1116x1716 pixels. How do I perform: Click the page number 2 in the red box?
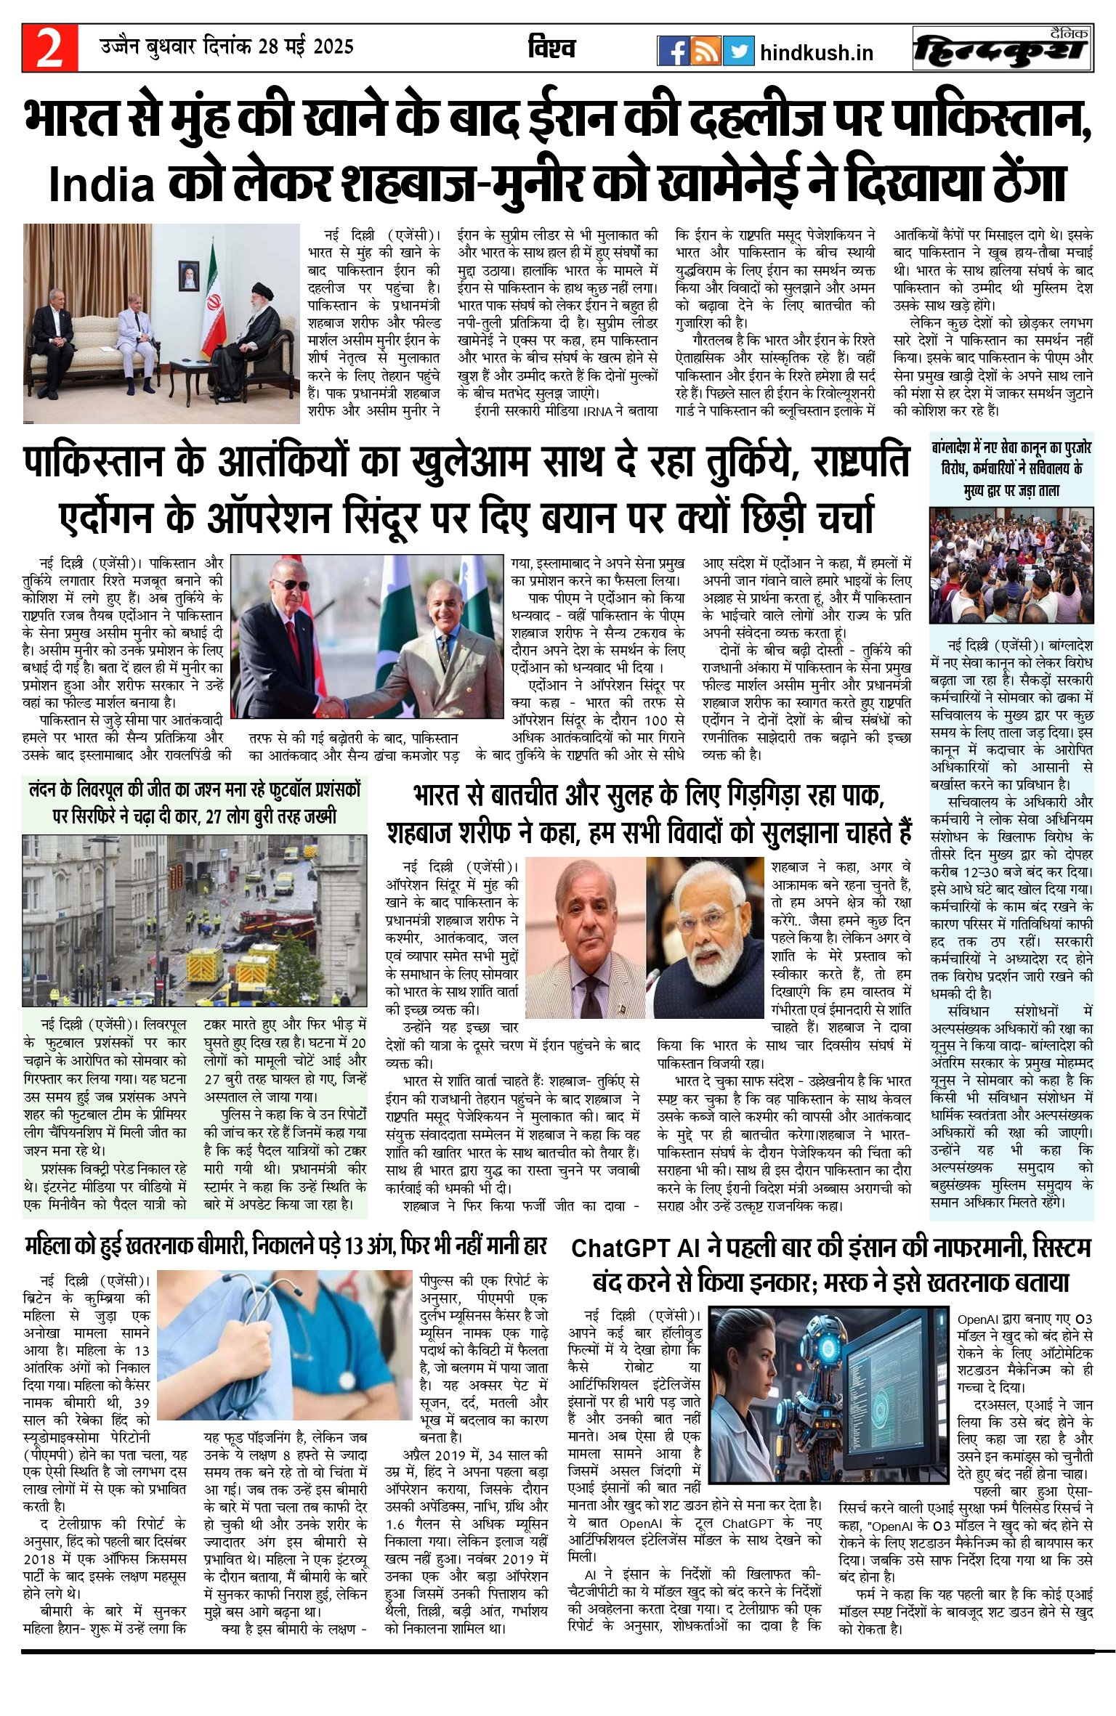point(49,49)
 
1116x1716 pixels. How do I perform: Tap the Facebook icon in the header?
point(673,51)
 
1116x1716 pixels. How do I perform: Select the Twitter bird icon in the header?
point(738,51)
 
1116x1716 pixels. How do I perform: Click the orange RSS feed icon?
point(705,51)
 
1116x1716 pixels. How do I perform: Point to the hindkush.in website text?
point(816,53)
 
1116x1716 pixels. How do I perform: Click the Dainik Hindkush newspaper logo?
point(1003,49)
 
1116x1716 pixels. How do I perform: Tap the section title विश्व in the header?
point(551,49)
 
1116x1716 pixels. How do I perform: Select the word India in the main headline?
point(102,187)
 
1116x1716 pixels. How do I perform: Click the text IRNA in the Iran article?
point(600,411)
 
